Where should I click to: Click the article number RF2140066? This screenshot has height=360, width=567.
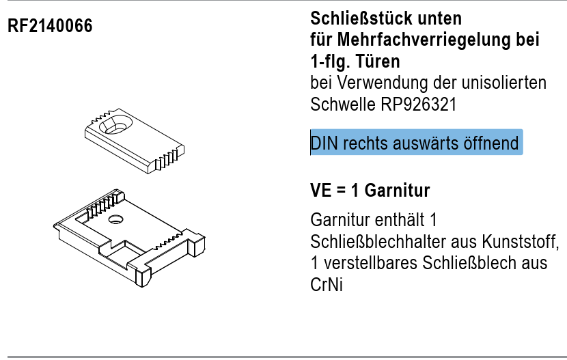click(x=50, y=27)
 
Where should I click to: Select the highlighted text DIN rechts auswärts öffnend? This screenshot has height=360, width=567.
click(x=415, y=144)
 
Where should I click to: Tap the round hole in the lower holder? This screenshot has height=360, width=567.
click(x=115, y=219)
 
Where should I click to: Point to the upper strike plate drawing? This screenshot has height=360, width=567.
click(x=133, y=140)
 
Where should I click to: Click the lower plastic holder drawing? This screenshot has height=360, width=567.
click(x=130, y=236)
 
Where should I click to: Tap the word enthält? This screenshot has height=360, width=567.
click(x=400, y=221)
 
